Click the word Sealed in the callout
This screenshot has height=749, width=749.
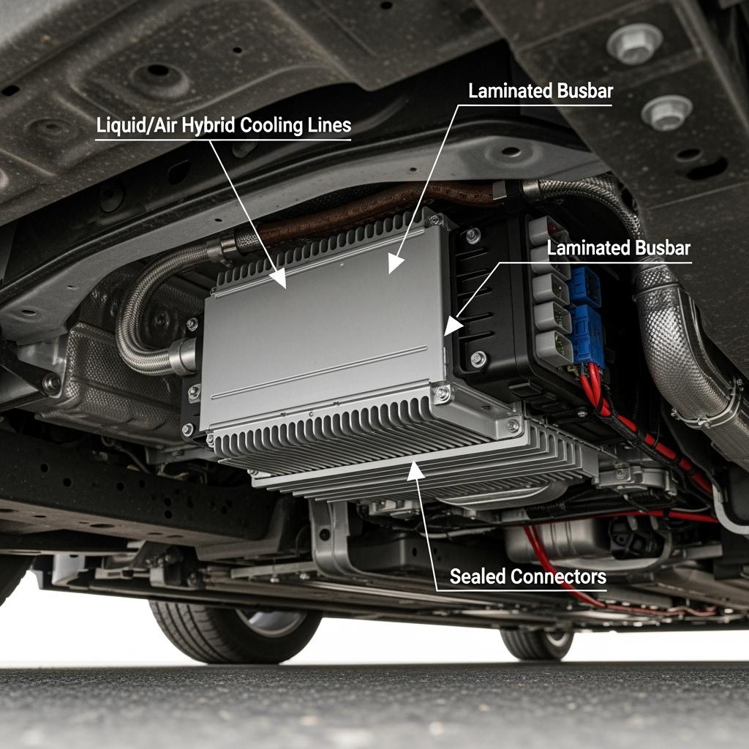point(478,576)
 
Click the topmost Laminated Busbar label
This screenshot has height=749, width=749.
point(541,91)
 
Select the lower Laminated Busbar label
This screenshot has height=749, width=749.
point(619,248)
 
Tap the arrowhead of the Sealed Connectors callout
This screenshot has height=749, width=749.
point(415,470)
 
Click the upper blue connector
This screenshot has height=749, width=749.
point(586,287)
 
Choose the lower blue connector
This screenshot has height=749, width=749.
point(587,334)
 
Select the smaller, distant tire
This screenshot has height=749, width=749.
point(538,644)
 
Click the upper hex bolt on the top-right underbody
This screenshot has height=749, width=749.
point(634,43)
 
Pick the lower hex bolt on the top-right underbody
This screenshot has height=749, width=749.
point(667,113)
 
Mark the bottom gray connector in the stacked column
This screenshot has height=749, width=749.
point(554,347)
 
